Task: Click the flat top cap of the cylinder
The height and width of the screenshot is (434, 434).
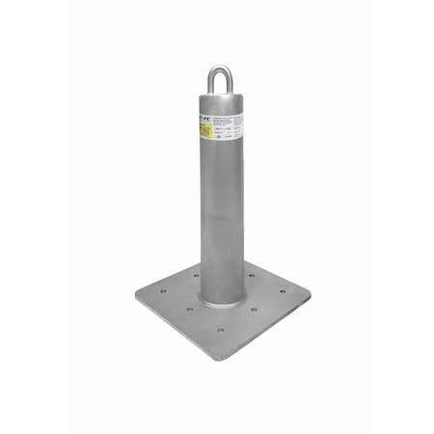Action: pyautogui.click(x=221, y=97)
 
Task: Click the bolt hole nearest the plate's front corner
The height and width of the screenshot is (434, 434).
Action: pyautogui.click(x=220, y=330)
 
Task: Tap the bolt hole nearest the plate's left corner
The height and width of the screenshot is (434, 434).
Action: pyautogui.click(x=163, y=290)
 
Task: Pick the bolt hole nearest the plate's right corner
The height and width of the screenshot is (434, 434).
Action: pyautogui.click(x=283, y=290)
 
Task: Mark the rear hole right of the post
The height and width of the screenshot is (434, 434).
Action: pyautogui.click(x=251, y=275)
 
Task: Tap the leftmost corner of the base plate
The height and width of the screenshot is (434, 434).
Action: pyautogui.click(x=137, y=294)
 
